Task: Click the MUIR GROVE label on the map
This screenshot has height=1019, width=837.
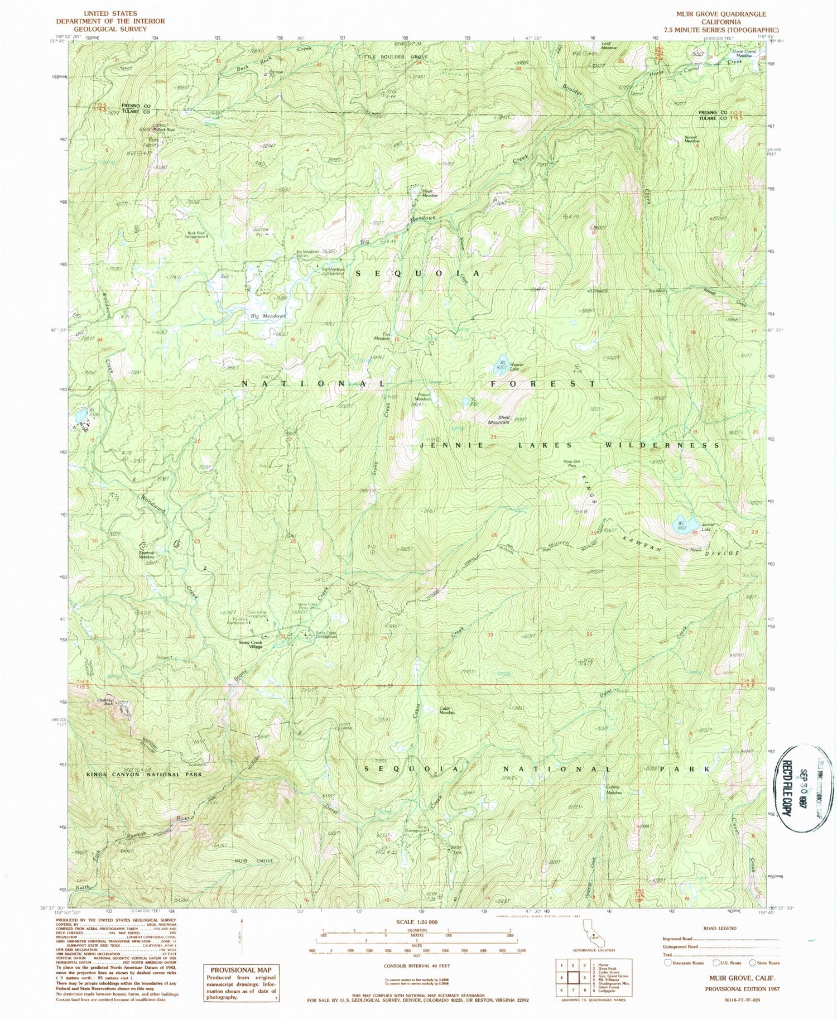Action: click(x=253, y=861)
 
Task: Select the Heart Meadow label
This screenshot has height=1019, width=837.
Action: click(x=429, y=193)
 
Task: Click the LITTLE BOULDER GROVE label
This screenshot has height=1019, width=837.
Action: click(x=393, y=57)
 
